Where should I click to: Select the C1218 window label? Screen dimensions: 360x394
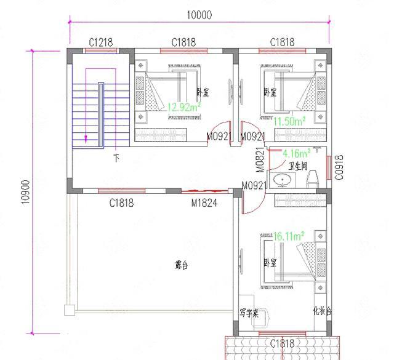point(101,42)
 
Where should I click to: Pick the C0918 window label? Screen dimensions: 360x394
point(339,166)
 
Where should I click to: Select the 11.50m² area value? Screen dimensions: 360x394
point(291,121)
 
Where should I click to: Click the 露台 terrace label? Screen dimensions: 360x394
point(181,266)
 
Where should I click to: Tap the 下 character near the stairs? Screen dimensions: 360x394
point(116,158)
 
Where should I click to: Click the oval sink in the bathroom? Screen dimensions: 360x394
point(284,180)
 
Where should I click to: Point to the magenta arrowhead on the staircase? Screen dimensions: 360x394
point(86,139)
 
